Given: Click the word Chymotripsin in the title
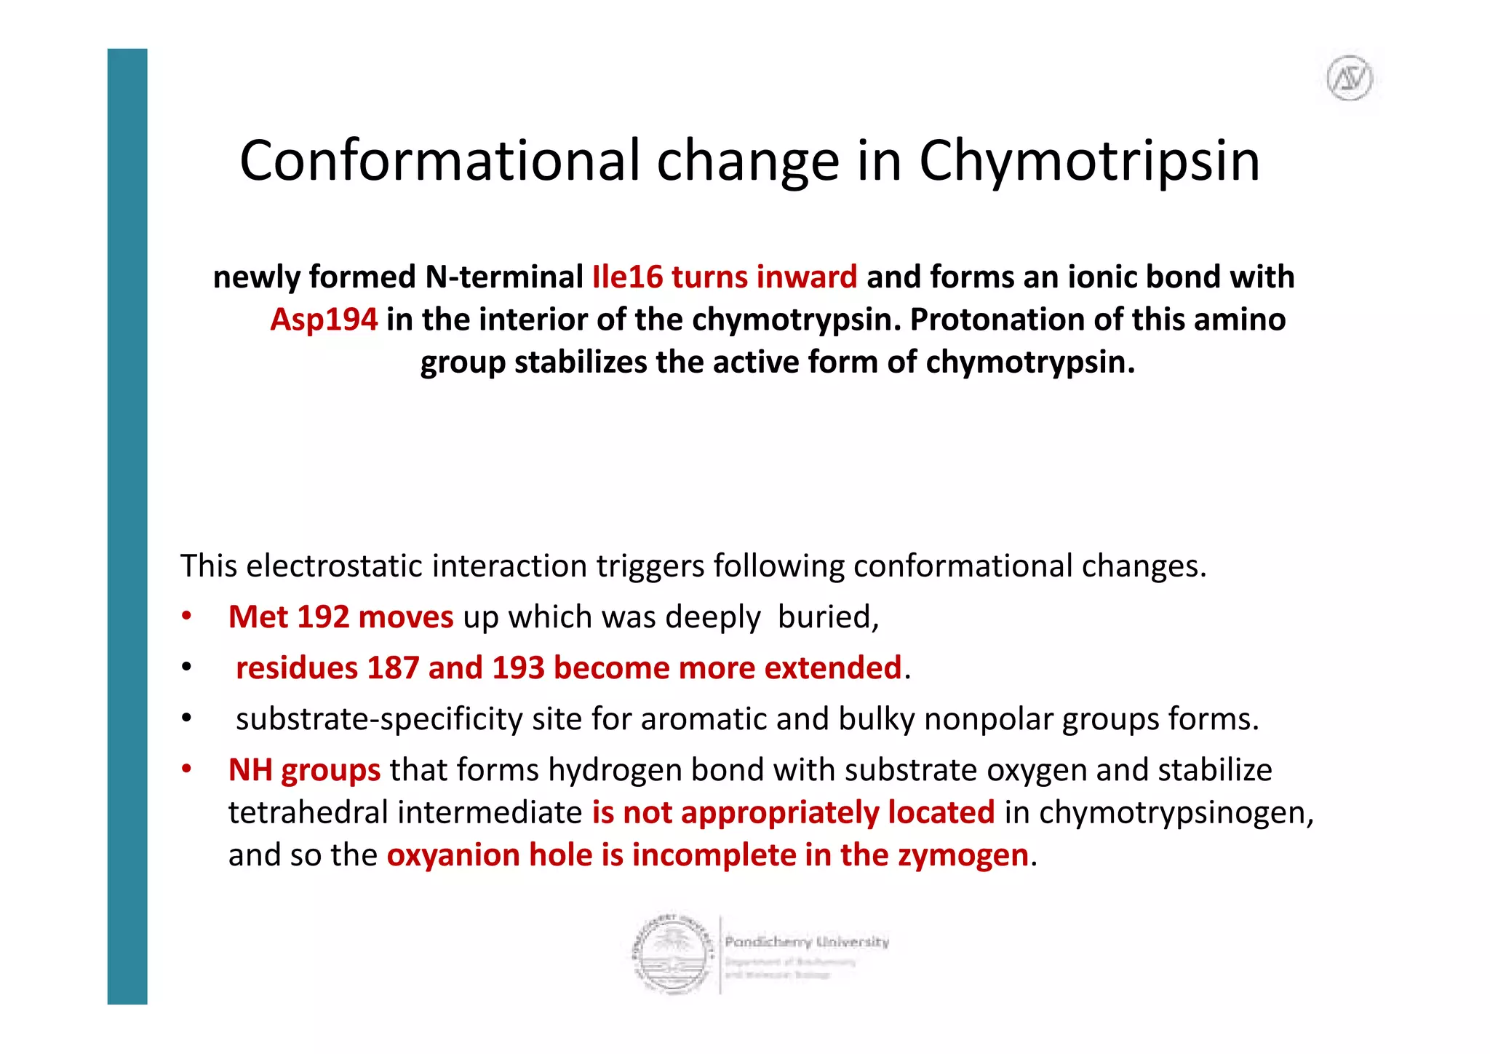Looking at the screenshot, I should [1089, 162].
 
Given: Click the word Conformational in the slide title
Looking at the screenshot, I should [441, 162].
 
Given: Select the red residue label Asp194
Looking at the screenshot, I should [324, 320].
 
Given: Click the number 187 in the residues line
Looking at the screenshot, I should [394, 668].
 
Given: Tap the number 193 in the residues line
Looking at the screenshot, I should [518, 668].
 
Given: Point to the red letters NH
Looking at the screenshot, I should [250, 770].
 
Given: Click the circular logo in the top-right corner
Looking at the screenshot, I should [1350, 78].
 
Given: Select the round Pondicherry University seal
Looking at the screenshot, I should [673, 954].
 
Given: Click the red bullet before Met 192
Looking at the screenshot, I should [187, 617].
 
